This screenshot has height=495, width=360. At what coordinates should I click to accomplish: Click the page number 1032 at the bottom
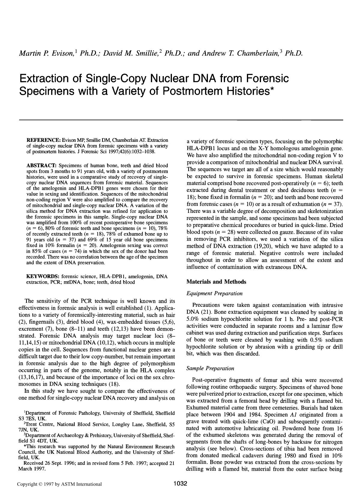point(180,483)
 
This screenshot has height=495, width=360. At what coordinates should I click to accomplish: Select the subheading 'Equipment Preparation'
point(214,293)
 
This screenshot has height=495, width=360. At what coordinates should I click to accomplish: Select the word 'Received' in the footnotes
point(32,463)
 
